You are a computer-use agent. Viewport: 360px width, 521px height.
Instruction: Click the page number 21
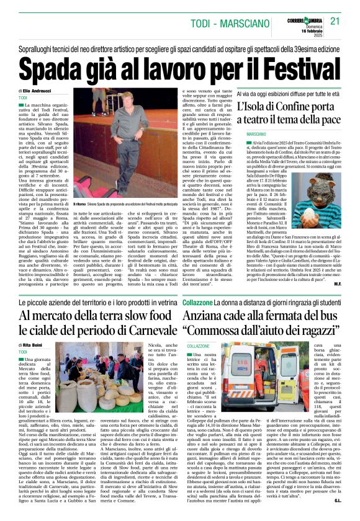coord(335,20)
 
